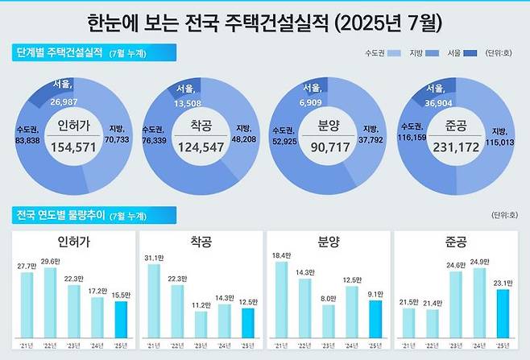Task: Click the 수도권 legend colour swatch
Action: pos(395,54)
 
